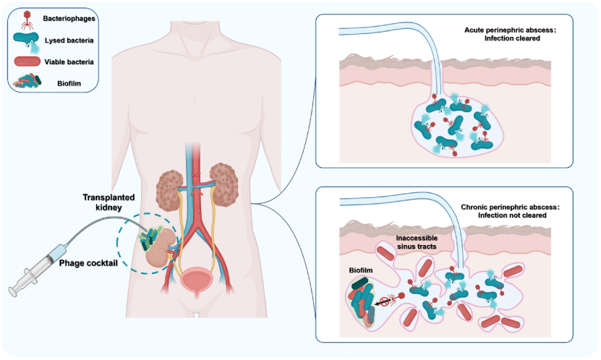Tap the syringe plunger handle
click(13, 288)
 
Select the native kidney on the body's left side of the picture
click(173, 182)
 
